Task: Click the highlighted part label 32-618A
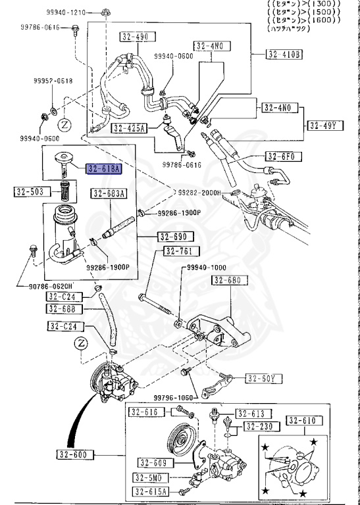[x=103, y=169]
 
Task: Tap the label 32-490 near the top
[x=134, y=37]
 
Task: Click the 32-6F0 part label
[x=282, y=156]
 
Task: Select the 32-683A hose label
[x=109, y=193]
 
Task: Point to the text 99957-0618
[x=53, y=81]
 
